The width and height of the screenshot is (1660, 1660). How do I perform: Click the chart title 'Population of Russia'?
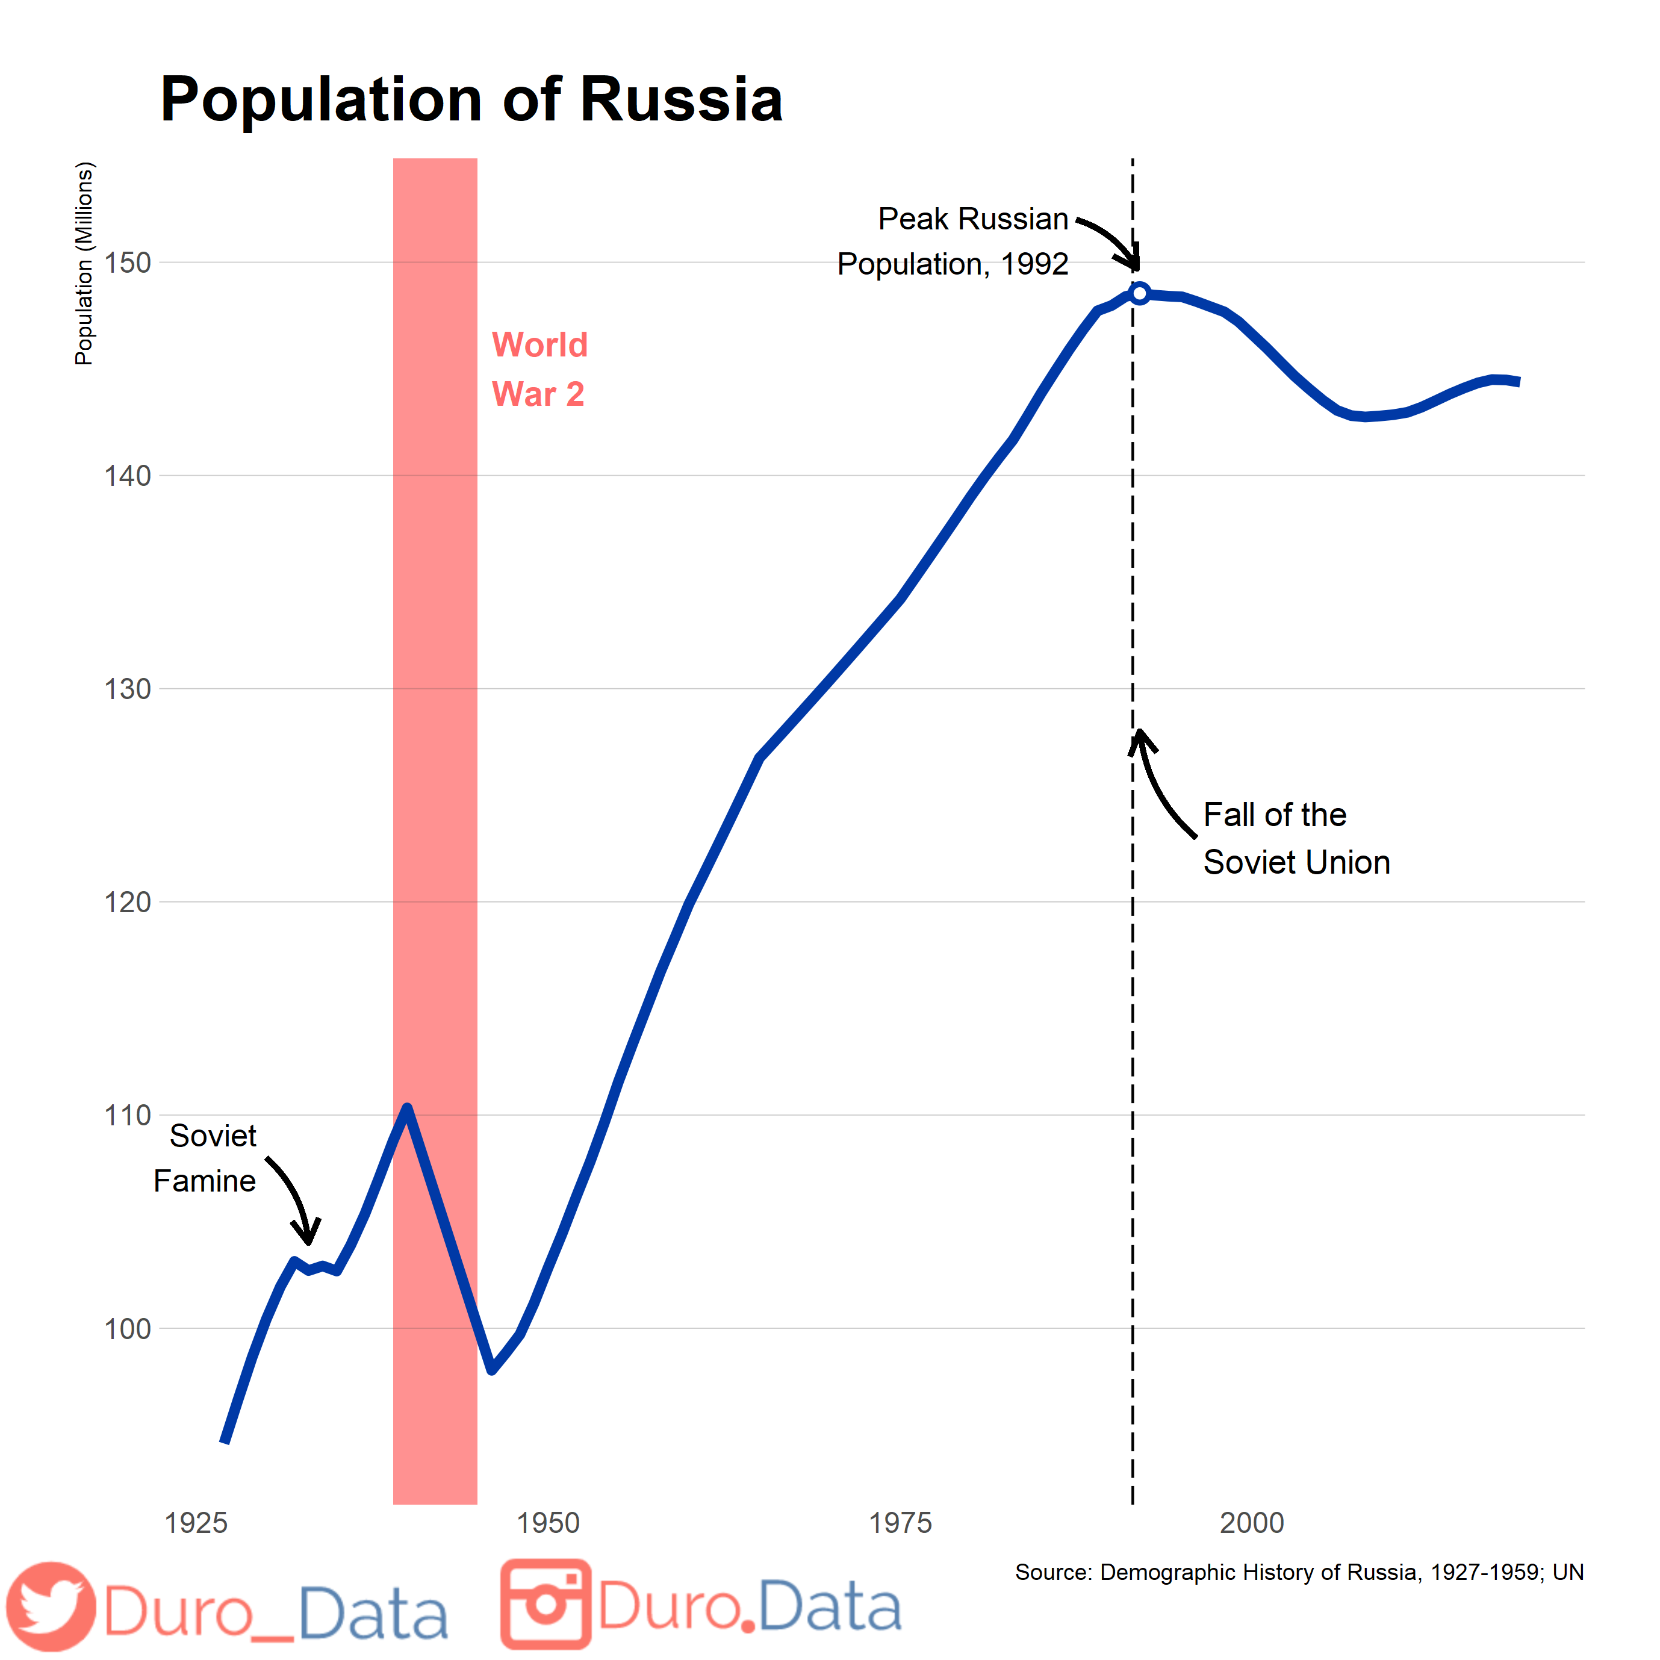click(x=471, y=100)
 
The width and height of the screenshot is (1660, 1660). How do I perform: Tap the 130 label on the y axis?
click(x=127, y=688)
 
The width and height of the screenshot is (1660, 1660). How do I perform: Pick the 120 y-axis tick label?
click(x=127, y=901)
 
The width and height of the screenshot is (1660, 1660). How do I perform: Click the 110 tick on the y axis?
click(x=127, y=1115)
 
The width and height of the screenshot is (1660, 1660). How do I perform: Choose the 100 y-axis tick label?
click(x=127, y=1328)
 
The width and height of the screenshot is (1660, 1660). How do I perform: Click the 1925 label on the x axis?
click(x=196, y=1523)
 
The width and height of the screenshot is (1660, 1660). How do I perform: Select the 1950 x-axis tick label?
click(x=548, y=1523)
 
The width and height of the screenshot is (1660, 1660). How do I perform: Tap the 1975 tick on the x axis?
click(x=900, y=1523)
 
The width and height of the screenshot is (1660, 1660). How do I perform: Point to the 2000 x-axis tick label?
click(x=1252, y=1523)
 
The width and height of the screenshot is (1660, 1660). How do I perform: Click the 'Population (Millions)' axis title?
click(x=83, y=264)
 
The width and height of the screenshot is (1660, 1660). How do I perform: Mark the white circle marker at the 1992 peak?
click(x=1139, y=294)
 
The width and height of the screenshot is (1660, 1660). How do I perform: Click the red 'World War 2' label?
click(x=539, y=370)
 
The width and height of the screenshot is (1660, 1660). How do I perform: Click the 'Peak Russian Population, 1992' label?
click(x=954, y=241)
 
